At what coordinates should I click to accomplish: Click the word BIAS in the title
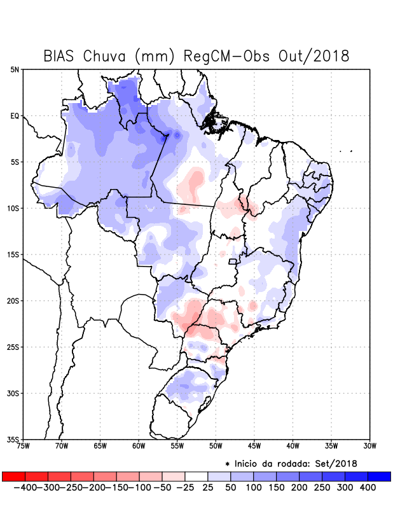click(x=62, y=56)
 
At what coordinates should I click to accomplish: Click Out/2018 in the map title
click(x=314, y=56)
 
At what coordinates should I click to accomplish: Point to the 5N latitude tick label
click(x=15, y=69)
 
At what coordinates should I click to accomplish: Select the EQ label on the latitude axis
click(x=15, y=116)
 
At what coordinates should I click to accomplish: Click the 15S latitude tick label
click(x=13, y=254)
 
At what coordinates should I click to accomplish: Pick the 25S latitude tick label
click(x=13, y=347)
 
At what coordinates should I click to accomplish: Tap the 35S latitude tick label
click(x=13, y=439)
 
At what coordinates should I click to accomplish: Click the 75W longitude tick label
click(x=24, y=446)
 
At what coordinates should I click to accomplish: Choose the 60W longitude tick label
click(x=139, y=446)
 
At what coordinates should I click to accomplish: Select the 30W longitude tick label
click(x=369, y=446)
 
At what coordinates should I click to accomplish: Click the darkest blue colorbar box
click(x=379, y=476)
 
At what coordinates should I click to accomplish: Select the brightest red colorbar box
click(x=14, y=476)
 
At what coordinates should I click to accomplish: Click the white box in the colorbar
click(x=197, y=476)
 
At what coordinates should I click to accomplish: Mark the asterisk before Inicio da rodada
click(x=227, y=463)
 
